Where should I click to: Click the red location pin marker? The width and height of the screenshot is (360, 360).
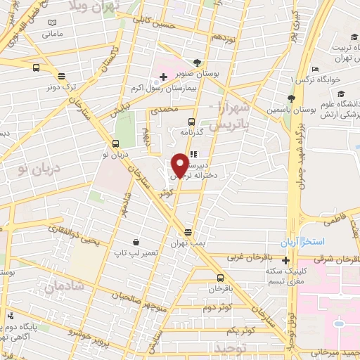180,165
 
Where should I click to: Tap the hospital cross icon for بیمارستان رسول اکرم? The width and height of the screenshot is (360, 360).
163,75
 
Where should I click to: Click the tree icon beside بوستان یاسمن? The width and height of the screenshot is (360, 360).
291,98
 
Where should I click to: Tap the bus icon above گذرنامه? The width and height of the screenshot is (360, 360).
190,120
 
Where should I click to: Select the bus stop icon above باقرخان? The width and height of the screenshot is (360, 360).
221,277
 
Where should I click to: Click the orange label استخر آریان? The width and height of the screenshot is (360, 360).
304,242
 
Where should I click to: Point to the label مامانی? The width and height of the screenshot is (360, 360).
53,33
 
